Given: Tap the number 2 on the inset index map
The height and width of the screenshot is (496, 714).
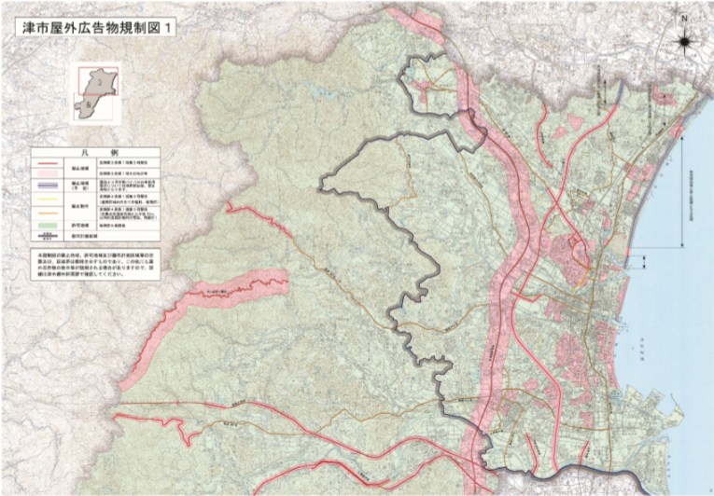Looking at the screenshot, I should point(89,106).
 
